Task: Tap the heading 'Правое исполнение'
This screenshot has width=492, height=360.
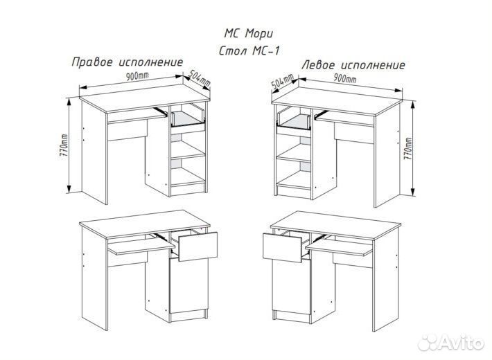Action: pyautogui.click(x=128, y=62)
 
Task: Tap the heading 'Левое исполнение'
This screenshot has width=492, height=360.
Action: pyautogui.click(x=353, y=64)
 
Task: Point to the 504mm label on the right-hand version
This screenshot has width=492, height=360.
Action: pyautogui.click(x=199, y=78)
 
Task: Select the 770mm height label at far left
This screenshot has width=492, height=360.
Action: pyautogui.click(x=63, y=146)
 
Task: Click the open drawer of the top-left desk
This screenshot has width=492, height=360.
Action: pyautogui.click(x=188, y=118)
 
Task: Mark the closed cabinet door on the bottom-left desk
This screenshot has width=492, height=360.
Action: pyautogui.click(x=188, y=291)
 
